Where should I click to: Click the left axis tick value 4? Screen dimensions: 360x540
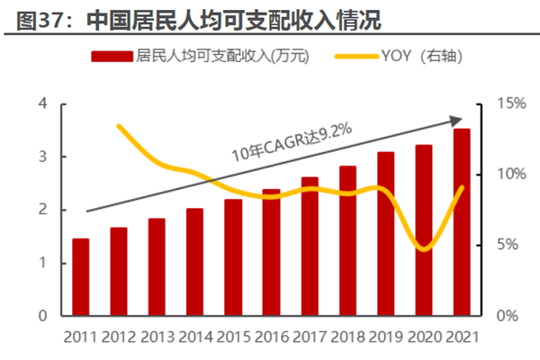click(x=41, y=104)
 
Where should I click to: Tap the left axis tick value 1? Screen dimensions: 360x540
click(x=41, y=264)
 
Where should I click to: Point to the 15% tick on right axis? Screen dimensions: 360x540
click(x=514, y=104)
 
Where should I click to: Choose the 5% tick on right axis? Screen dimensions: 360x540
click(x=511, y=245)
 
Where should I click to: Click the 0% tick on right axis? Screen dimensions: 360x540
click(x=511, y=316)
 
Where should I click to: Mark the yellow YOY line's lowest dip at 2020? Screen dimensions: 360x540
click(x=424, y=249)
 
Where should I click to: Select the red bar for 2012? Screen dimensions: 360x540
click(x=119, y=272)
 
